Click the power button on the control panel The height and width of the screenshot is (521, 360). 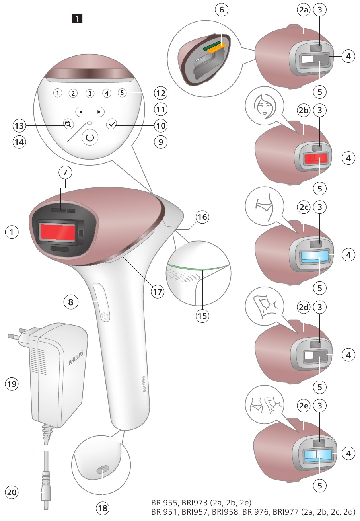pyautogui.click(x=90, y=138)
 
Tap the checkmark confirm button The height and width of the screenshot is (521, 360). pyautogui.click(x=112, y=124)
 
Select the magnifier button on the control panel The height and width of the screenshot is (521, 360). pyautogui.click(x=68, y=124)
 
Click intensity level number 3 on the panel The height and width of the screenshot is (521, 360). pyautogui.click(x=90, y=94)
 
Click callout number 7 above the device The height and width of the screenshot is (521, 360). pyautogui.click(x=66, y=173)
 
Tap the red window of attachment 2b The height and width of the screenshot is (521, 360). pyautogui.click(x=316, y=159)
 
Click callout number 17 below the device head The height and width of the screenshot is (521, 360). pyautogui.click(x=158, y=291)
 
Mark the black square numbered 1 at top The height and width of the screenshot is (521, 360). pyautogui.click(x=77, y=18)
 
